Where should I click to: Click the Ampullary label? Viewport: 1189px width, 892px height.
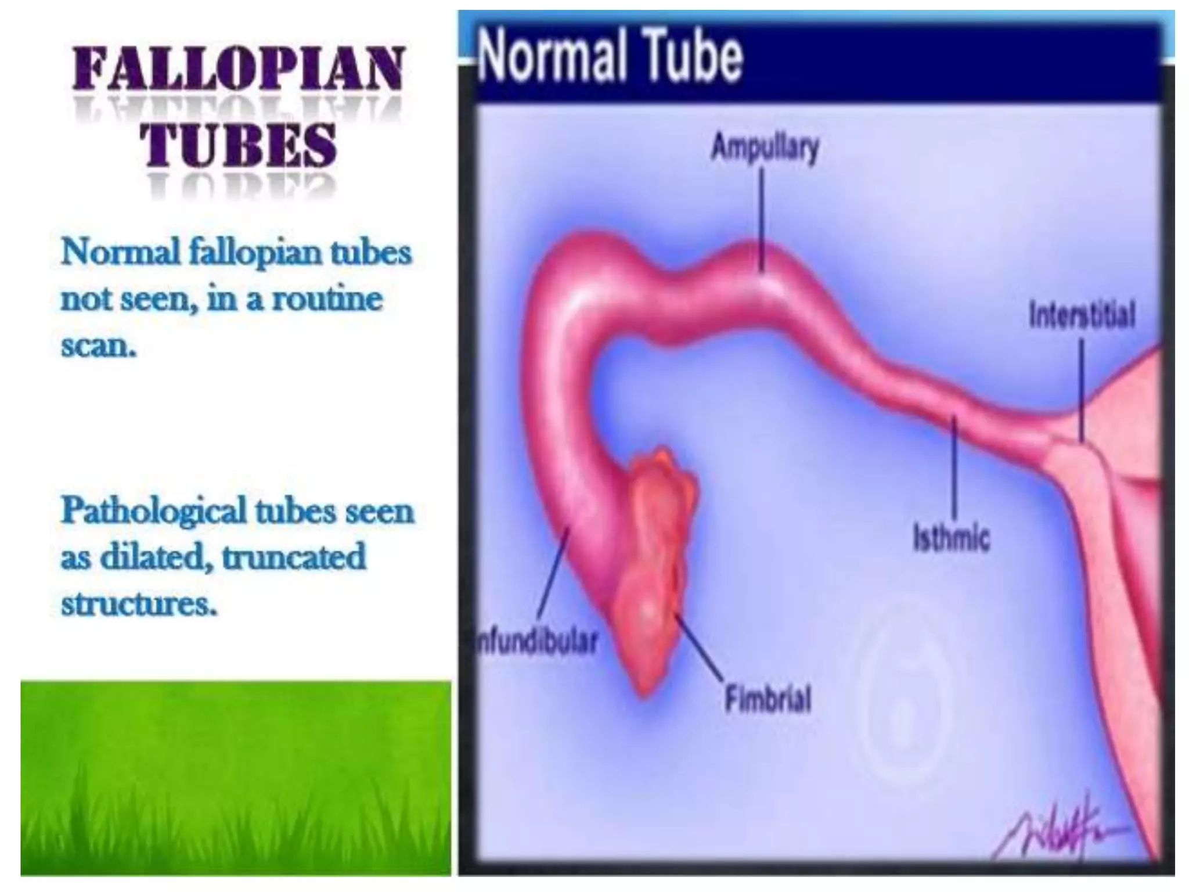[765, 147]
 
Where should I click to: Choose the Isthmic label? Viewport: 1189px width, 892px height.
[951, 537]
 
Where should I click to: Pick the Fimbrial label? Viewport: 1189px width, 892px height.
[768, 699]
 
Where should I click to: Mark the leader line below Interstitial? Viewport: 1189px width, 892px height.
[1082, 389]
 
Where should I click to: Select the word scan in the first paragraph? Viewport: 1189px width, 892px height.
[98, 347]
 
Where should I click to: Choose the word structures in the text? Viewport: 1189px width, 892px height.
[139, 604]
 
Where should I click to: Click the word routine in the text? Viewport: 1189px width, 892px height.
[327, 300]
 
